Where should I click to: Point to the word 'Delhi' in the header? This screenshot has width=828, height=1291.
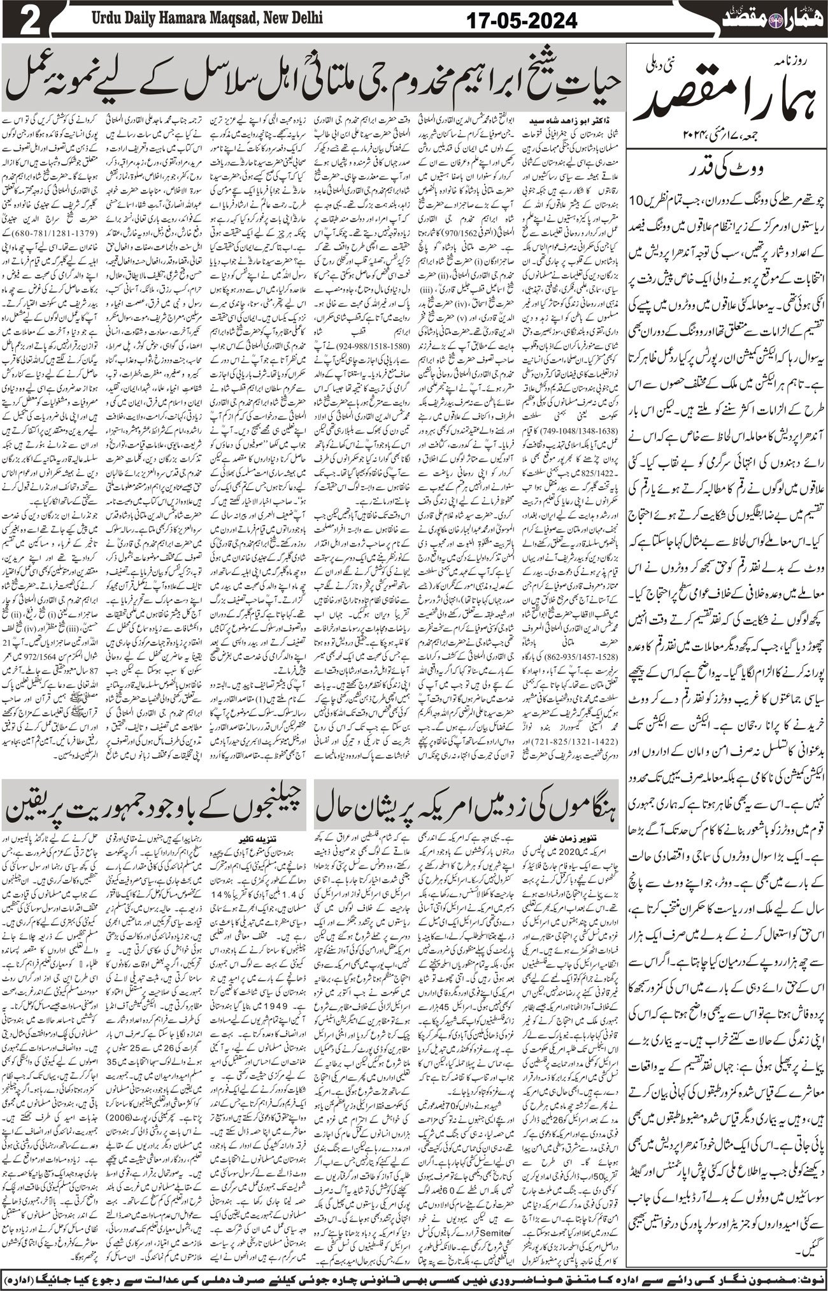tap(304, 18)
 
